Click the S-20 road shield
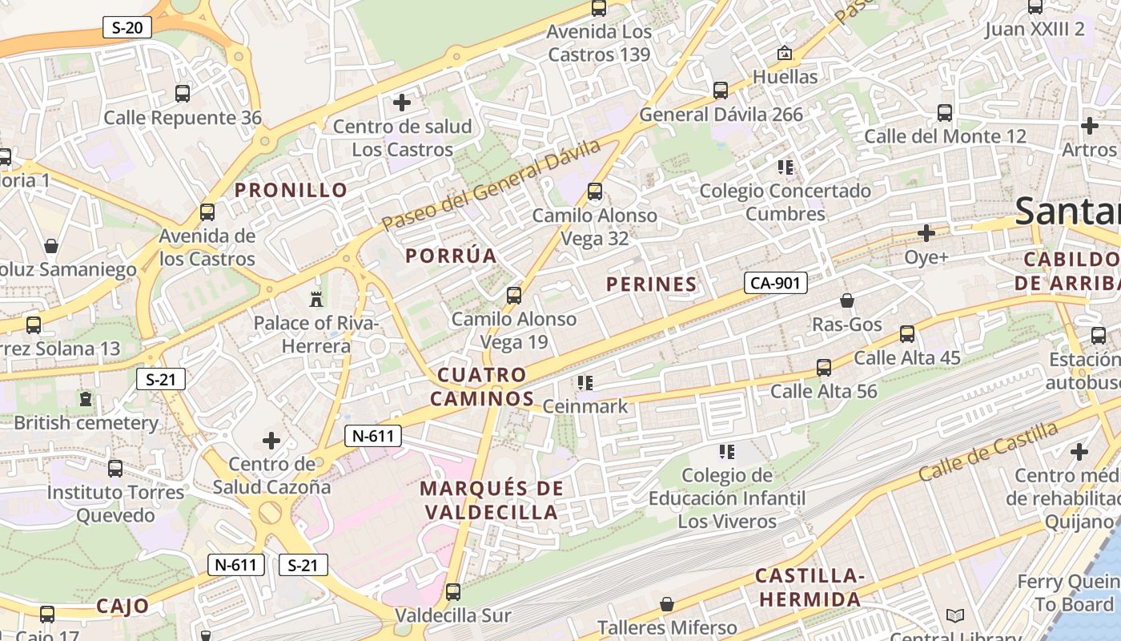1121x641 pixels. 127,27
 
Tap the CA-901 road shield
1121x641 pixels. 775,282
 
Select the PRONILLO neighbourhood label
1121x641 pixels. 291,190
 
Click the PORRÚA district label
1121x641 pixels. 451,256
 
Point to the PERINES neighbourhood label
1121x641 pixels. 651,284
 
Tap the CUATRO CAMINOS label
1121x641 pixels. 482,386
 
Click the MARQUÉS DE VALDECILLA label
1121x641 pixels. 491,500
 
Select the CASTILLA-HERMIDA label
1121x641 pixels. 810,587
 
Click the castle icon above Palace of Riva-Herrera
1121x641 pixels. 316,300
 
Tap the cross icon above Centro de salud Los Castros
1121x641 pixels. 402,103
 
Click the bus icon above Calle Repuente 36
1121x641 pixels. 183,94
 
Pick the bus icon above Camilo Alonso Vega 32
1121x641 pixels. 594,191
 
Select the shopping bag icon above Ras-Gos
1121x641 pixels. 846,300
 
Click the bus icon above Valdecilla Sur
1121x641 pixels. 453,592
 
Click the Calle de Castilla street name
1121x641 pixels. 988,451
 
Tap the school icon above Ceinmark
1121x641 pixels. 585,383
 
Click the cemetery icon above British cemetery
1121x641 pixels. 86,398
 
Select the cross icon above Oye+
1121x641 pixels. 926,233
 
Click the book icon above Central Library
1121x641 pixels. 954,615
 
